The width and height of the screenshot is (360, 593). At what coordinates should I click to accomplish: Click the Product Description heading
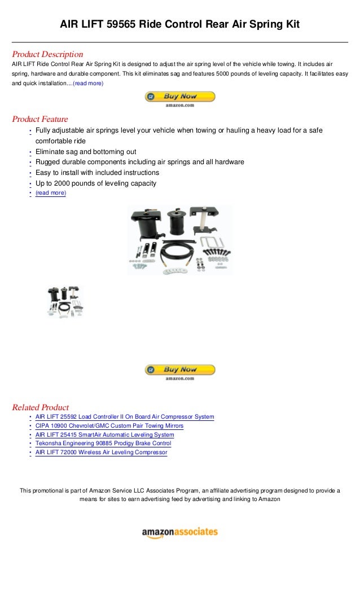(x=47, y=54)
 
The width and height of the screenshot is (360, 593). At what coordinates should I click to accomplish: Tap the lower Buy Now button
(x=180, y=371)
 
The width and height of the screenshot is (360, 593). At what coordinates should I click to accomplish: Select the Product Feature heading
(x=40, y=119)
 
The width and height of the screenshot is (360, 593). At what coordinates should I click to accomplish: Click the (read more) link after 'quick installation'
(x=88, y=83)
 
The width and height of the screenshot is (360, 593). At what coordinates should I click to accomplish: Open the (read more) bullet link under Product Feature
(x=51, y=193)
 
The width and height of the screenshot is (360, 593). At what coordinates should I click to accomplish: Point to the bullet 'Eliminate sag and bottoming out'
(x=86, y=152)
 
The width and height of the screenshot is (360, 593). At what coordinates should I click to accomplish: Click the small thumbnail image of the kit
(x=65, y=302)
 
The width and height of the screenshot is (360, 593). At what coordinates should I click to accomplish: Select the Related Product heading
(x=41, y=407)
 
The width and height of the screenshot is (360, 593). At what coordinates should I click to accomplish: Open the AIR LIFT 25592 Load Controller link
(x=125, y=417)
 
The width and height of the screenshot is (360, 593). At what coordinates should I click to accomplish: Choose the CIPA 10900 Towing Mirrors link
(x=109, y=426)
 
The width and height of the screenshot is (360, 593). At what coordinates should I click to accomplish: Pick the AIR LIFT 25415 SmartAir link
(x=104, y=435)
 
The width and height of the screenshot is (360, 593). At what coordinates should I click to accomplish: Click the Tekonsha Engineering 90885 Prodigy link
(x=103, y=443)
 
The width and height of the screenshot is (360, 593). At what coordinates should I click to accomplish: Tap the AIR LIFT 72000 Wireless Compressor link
(x=101, y=453)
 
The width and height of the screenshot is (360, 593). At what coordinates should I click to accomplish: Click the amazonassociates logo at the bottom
(x=179, y=533)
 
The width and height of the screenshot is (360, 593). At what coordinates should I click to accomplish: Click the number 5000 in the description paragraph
(x=210, y=74)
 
